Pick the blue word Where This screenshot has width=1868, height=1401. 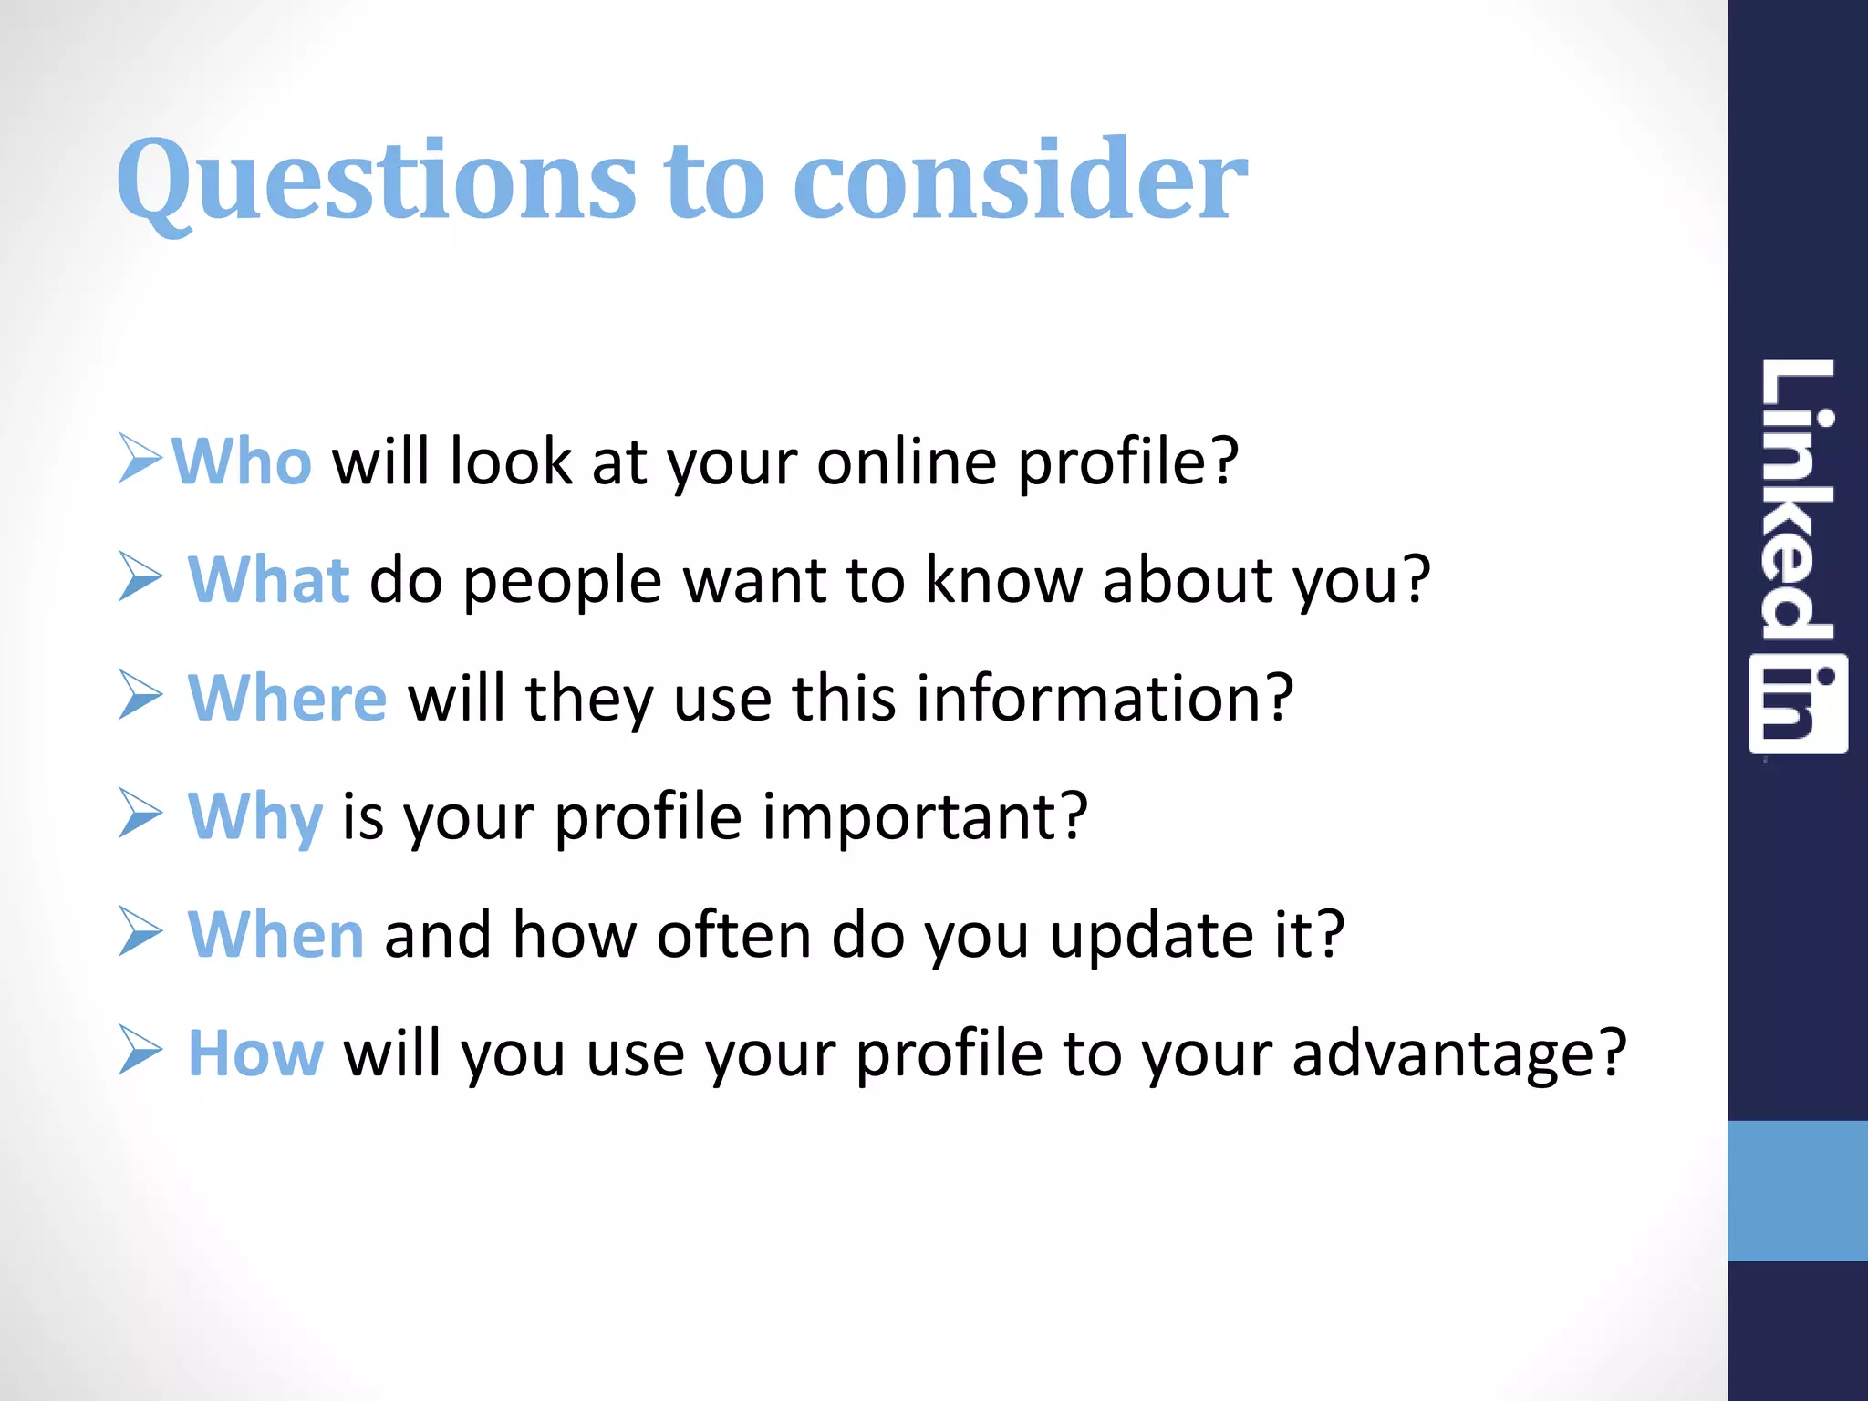click(287, 698)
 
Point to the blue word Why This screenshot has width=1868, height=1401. click(254, 817)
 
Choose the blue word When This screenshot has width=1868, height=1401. click(275, 935)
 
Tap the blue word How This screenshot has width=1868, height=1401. click(255, 1053)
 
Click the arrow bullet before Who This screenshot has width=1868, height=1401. click(140, 458)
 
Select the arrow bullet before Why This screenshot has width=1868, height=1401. click(140, 813)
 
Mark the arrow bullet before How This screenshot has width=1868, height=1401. click(140, 1050)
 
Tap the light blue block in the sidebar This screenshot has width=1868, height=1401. click(1797, 1190)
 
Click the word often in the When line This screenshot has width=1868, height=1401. click(733, 935)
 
